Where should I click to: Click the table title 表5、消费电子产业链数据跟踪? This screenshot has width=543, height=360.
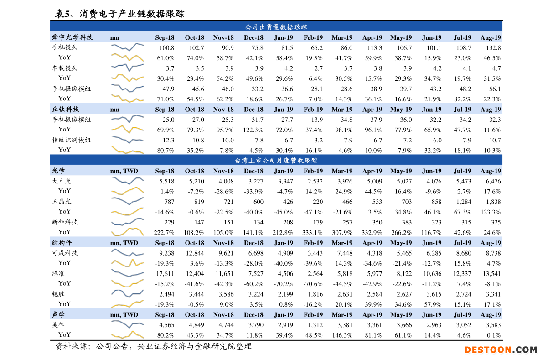point(119,14)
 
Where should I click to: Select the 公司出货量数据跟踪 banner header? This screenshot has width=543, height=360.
point(276,27)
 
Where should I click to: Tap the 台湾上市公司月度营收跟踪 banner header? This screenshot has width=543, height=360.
point(276,160)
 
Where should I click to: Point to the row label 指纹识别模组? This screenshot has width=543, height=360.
point(71,140)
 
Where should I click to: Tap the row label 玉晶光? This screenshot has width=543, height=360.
point(62,201)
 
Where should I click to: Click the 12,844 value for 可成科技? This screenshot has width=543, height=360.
point(195,253)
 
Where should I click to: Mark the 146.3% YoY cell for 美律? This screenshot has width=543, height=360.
point(341,335)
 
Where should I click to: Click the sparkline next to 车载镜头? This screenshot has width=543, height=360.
point(127,68)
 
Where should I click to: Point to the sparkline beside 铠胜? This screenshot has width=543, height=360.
point(127,293)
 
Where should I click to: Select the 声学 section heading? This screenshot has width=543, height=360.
point(58,314)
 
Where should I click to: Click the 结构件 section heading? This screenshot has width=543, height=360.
point(62,243)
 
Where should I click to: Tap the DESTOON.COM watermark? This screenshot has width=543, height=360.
point(501,350)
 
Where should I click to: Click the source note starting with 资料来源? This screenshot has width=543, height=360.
point(153,346)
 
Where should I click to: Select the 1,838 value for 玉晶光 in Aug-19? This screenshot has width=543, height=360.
point(491,202)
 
